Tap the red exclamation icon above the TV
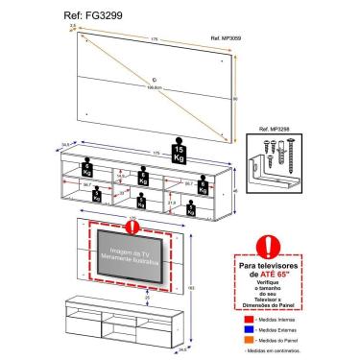click(x=133, y=228)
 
